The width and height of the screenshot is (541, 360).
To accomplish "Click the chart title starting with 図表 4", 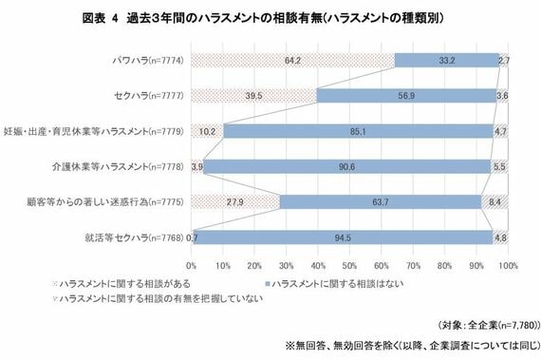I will coord(271,18).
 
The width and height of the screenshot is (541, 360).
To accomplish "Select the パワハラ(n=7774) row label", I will coord(147,60).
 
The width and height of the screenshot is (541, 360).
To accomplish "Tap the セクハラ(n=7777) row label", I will coord(147,95).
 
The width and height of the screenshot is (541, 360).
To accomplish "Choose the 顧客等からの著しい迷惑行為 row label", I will coord(117,201).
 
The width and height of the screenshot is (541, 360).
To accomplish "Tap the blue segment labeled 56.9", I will coord(406,95).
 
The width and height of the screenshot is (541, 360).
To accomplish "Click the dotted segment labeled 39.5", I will coord(253,95).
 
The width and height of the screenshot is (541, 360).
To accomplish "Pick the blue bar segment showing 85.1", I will coord(359,130).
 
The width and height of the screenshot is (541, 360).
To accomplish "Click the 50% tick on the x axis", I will coord(349,265).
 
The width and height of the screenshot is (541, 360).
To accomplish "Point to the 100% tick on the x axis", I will coord(508,265).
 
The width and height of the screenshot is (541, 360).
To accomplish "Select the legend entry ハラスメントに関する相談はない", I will coord(323,284).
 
